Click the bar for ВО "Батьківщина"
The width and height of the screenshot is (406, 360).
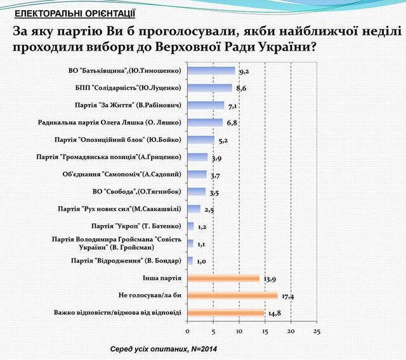tap(211, 71)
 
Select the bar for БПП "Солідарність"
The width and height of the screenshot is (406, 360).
tap(210, 88)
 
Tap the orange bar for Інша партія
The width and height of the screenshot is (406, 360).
tap(223, 278)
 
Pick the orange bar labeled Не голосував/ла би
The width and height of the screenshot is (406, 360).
tap(232, 295)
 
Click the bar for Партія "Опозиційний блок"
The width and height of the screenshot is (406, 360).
tap(201, 140)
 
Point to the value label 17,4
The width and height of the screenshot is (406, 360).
tap(287, 296)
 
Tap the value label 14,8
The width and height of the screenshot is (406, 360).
tap(274, 313)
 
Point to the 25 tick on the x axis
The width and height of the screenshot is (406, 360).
tap(317, 331)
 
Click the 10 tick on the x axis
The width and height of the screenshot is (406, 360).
tap(239, 331)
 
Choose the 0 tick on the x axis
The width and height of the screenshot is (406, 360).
tap(188, 331)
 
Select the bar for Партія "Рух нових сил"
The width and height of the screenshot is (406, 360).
tap(194, 209)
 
